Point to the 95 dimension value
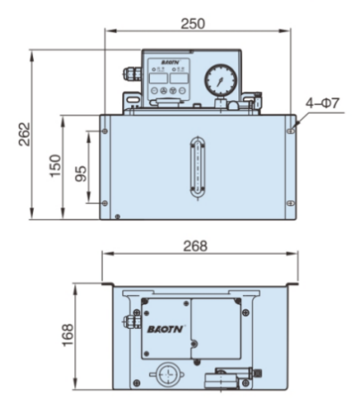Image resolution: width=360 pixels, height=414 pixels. [x=82, y=172]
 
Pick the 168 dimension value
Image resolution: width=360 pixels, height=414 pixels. [x=68, y=334]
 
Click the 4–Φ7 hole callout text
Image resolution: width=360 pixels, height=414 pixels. [x=322, y=103]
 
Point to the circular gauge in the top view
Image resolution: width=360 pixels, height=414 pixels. [x=165, y=376]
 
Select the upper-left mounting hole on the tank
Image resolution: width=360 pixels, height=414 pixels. [x=106, y=129]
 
